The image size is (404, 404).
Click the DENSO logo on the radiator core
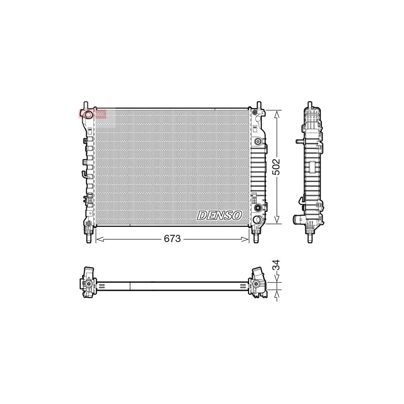[x=219, y=215]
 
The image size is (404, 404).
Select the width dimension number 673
[x=172, y=239]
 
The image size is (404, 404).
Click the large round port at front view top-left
[x=88, y=115]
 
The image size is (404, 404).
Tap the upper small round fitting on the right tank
[x=258, y=142]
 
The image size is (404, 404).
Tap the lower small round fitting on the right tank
[x=258, y=208]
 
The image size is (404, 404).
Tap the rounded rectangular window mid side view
[x=310, y=168]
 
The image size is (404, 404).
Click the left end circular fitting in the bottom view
[x=89, y=285]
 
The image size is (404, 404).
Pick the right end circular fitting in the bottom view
[x=257, y=284]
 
